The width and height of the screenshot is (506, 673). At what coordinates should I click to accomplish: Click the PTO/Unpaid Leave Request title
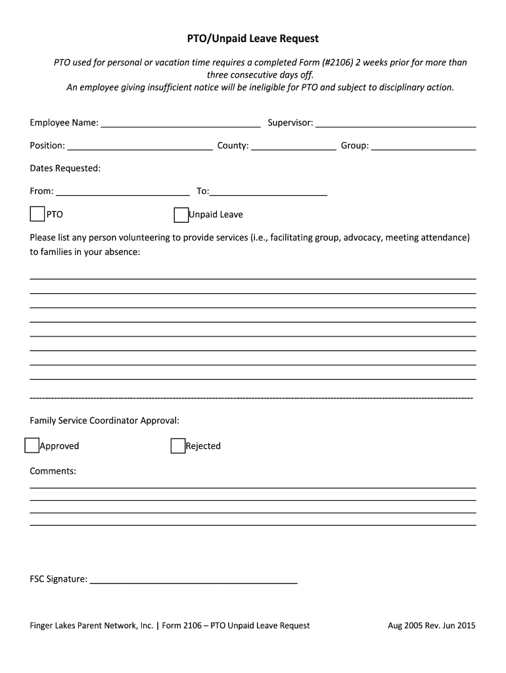pos(253,39)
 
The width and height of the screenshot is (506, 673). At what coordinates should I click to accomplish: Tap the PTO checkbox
pos(37,214)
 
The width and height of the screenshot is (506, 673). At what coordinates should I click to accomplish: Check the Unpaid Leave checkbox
pos(181,215)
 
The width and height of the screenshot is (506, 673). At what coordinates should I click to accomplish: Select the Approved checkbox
pos(32,446)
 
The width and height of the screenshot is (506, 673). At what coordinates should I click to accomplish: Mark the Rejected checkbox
pos(177,446)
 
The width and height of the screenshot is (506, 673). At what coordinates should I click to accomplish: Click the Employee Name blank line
pos(180,123)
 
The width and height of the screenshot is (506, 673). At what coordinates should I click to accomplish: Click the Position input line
pos(140,146)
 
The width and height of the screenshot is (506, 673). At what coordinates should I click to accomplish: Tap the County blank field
pos(293,146)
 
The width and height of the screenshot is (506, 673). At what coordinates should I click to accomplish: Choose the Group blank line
pos(423,146)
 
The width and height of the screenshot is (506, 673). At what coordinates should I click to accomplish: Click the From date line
pos(123,191)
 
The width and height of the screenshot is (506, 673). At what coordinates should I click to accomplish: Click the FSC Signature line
pos(193,579)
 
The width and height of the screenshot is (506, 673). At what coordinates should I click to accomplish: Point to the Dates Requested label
pos(65,168)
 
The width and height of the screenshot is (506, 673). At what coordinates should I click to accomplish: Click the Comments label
pos(53,471)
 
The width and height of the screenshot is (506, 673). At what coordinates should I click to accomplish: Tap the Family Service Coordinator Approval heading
pos(104,420)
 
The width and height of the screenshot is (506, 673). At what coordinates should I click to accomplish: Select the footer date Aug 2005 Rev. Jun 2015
pos(431,626)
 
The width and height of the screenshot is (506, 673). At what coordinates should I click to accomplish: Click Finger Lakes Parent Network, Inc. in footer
pos(91,626)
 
